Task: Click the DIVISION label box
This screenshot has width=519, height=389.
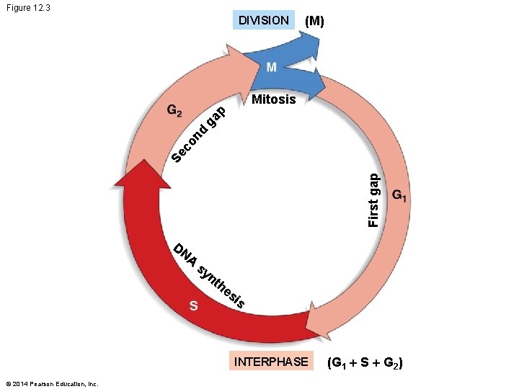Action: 263,20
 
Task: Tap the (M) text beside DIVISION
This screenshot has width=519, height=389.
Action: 315,22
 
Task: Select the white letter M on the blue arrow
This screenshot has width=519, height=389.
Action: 271,67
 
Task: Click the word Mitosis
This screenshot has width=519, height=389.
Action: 273,99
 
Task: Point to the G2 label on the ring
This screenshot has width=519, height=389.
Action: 174,112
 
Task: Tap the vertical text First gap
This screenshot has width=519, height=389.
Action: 373,200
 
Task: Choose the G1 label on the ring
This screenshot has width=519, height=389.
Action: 400,196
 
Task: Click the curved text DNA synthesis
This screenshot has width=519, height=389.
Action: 212,277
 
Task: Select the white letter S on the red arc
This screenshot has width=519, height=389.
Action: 193,305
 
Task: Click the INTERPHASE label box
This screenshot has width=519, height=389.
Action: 270,361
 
